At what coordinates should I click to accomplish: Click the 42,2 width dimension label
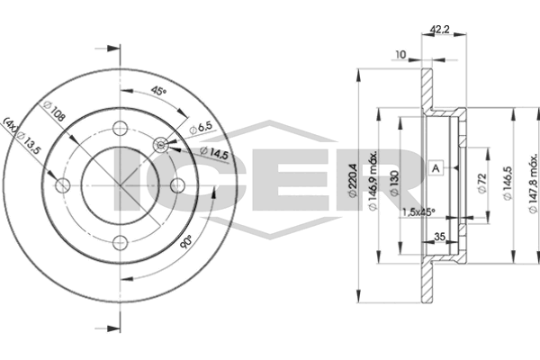[440, 30]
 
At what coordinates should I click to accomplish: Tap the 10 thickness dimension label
[400, 54]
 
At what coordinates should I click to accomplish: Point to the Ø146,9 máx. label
[373, 181]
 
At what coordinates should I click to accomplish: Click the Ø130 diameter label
[395, 183]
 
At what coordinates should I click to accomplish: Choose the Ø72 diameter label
[482, 184]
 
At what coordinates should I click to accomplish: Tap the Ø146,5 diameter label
[508, 183]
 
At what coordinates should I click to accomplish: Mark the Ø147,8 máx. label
[533, 184]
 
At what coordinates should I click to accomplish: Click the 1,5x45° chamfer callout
[418, 212]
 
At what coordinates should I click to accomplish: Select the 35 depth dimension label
[439, 237]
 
